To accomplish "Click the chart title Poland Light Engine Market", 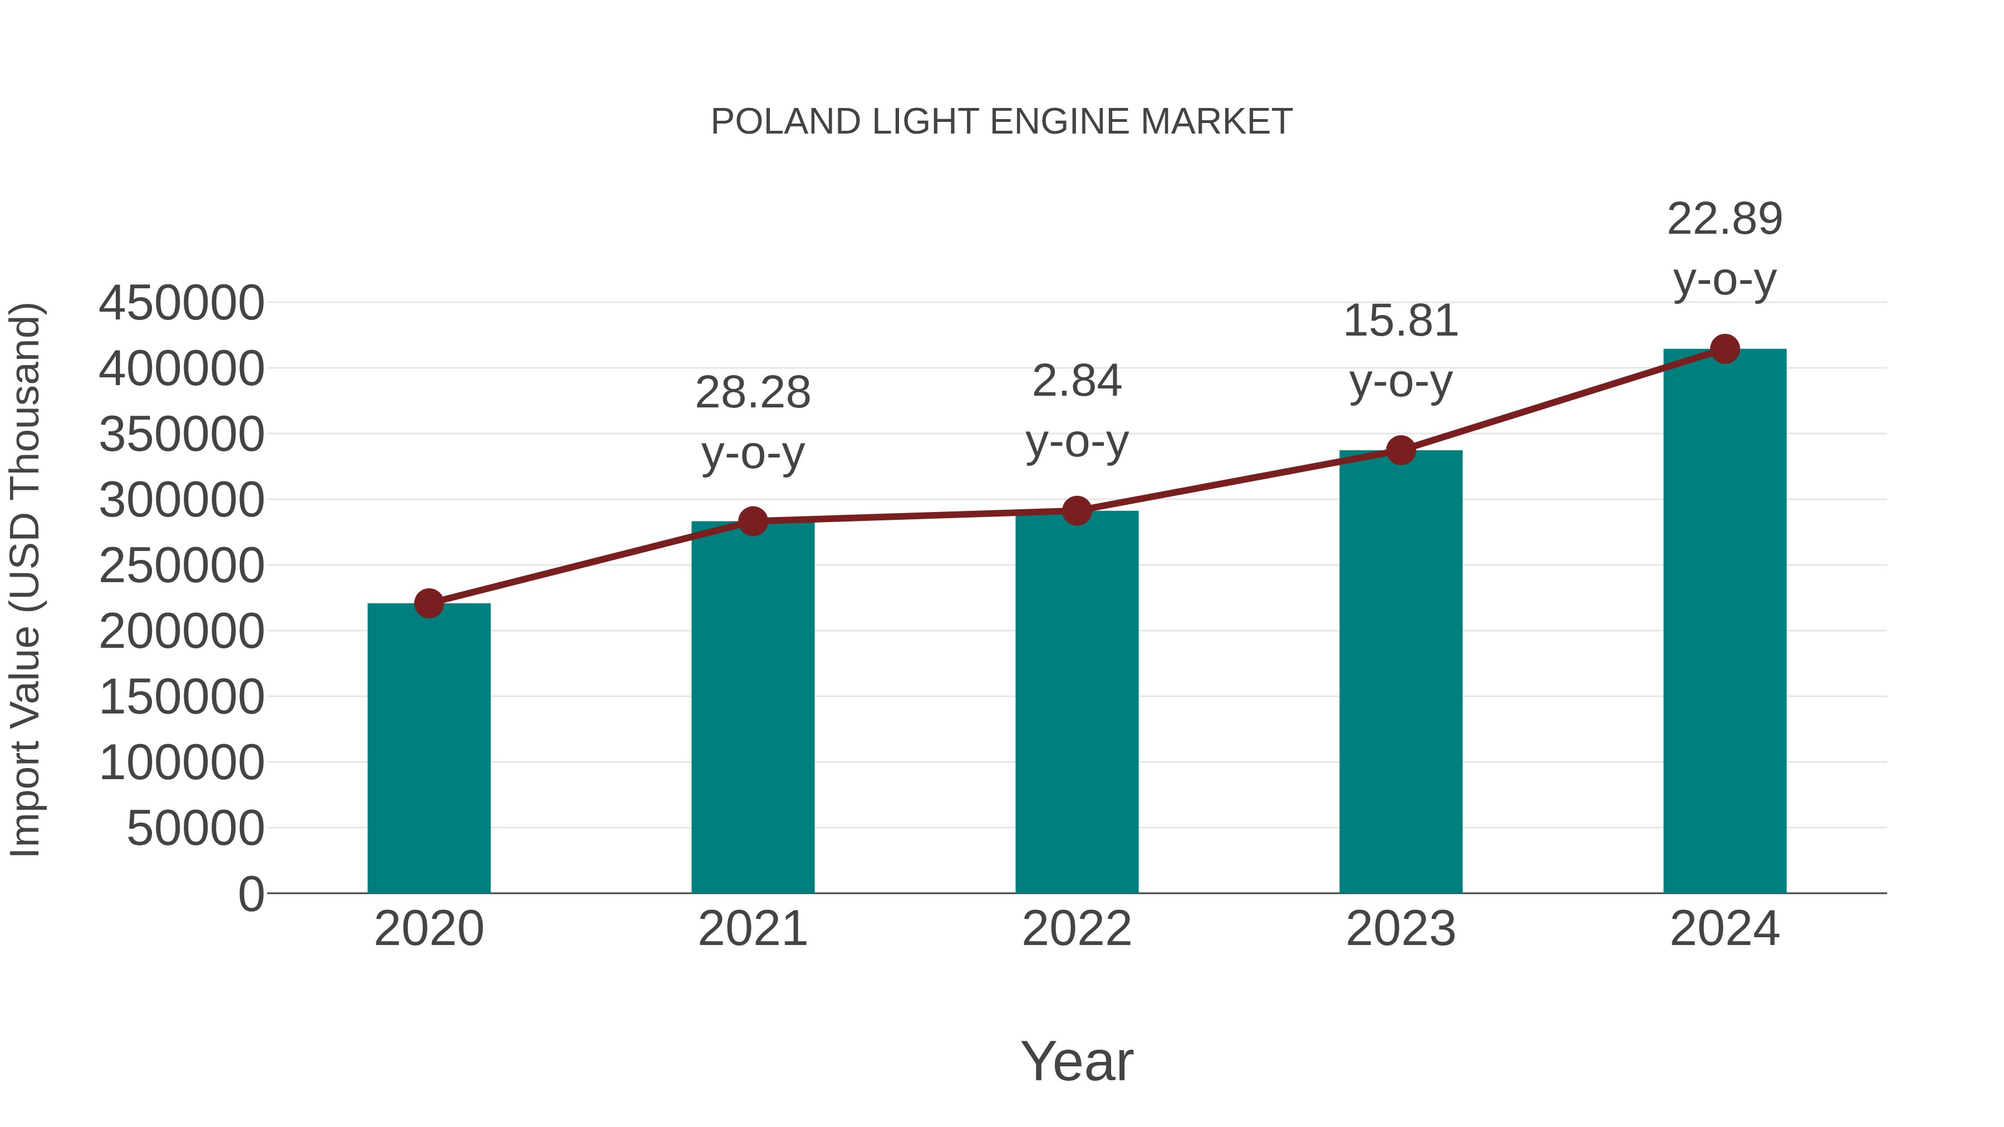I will (x=1001, y=122).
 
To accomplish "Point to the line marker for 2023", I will (x=1401, y=450).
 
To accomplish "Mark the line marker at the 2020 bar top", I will (x=429, y=603).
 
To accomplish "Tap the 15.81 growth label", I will (x=1401, y=350).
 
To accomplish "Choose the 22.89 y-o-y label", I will (x=1725, y=248).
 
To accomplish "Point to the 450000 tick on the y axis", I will (x=181, y=303).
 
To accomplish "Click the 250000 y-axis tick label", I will (x=181, y=565).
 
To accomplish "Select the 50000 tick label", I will (x=195, y=828).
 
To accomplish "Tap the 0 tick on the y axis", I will (x=251, y=894).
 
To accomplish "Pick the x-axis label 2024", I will (x=1725, y=929).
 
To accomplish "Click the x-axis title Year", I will (x=1077, y=1061).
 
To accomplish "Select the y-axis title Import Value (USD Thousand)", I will (x=25, y=579).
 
